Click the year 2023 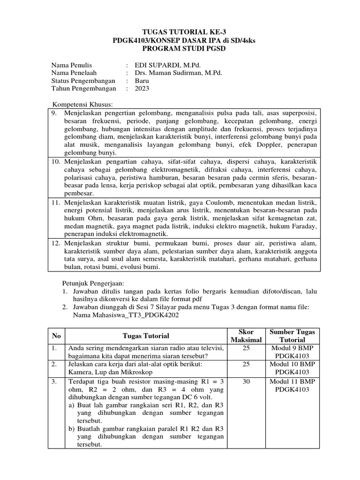tap(142, 89)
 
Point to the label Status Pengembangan tap(83, 81)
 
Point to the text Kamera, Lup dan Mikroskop tap(107, 372)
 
